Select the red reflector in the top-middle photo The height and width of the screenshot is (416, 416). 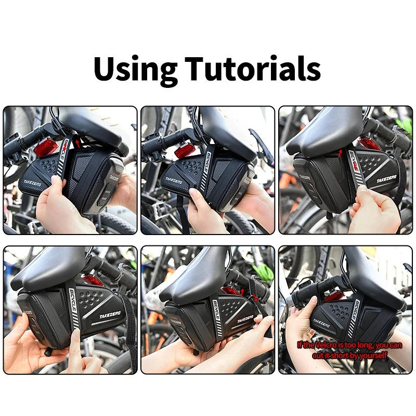pos(185,150)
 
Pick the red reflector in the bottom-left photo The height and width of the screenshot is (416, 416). pos(94,281)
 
